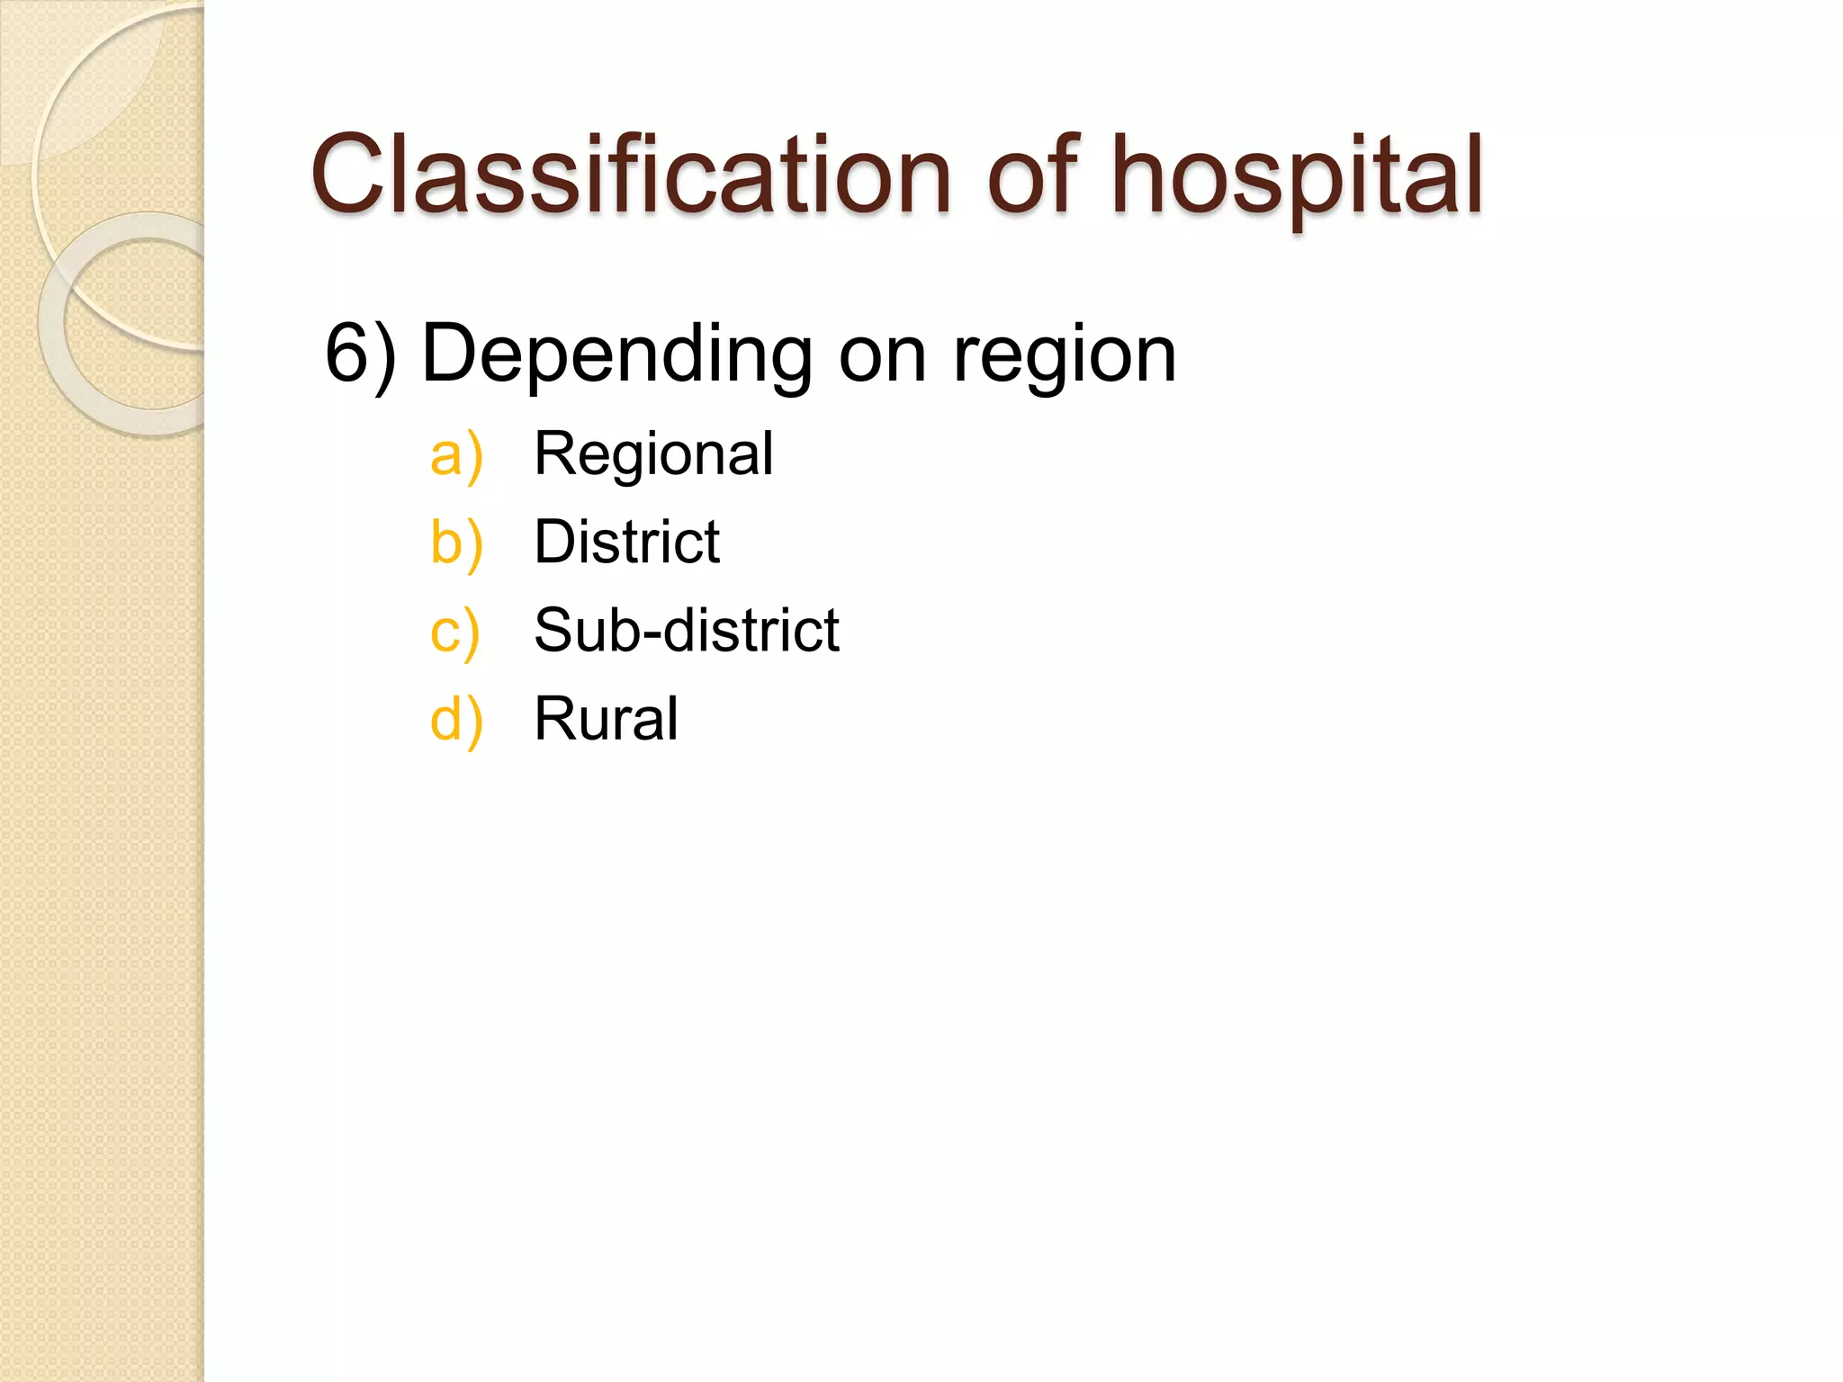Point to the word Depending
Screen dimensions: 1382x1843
[x=616, y=355]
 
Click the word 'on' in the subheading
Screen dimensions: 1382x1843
[x=882, y=355]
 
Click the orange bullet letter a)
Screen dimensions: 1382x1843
[x=456, y=454]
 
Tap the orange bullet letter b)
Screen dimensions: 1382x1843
[x=456, y=543]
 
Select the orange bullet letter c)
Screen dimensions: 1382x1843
[x=454, y=631]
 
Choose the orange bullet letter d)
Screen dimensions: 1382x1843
[x=456, y=719]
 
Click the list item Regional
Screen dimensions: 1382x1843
[x=653, y=453]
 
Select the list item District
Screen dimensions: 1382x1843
[x=626, y=542]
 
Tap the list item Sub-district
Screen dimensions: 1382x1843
[x=686, y=630]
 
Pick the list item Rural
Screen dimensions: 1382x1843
[x=606, y=718]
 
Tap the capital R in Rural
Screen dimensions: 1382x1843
[x=553, y=718]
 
